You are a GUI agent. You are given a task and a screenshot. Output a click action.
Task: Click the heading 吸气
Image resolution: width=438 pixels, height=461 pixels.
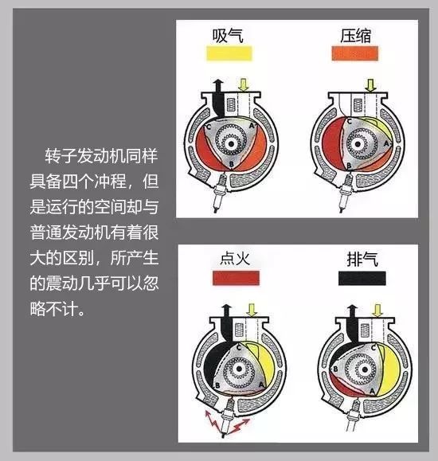pyautogui.click(x=228, y=36)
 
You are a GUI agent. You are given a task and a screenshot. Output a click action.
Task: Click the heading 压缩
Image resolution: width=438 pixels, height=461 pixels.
pyautogui.click(x=355, y=36)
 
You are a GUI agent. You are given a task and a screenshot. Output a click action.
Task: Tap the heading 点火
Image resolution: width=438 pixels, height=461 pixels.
pyautogui.click(x=235, y=259)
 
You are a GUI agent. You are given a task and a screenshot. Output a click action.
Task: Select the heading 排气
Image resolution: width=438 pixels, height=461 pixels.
pyautogui.click(x=362, y=259)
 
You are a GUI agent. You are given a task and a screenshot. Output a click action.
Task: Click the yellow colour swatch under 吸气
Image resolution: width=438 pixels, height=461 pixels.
pyautogui.click(x=229, y=53)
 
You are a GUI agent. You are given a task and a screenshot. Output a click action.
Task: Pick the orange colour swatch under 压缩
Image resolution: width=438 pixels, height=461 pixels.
pyautogui.click(x=355, y=53)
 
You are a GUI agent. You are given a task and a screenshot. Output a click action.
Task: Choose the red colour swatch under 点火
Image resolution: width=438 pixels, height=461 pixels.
pyautogui.click(x=236, y=278)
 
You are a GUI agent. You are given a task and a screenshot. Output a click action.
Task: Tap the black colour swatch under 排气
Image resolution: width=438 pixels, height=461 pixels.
pyautogui.click(x=362, y=278)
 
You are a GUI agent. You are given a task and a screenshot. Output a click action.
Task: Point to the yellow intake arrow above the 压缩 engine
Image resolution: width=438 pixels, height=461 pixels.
pyautogui.click(x=370, y=85)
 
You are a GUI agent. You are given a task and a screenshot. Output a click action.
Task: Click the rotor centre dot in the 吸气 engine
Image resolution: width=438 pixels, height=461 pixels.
pyautogui.click(x=231, y=143)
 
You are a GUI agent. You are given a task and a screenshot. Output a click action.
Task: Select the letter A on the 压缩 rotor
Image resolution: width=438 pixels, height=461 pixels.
pyautogui.click(x=386, y=143)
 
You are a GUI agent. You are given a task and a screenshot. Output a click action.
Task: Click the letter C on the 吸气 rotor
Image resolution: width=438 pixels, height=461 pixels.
pyautogui.click(x=209, y=127)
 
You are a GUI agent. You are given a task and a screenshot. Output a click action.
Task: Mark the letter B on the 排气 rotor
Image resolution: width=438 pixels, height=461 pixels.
pyautogui.click(x=335, y=369)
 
